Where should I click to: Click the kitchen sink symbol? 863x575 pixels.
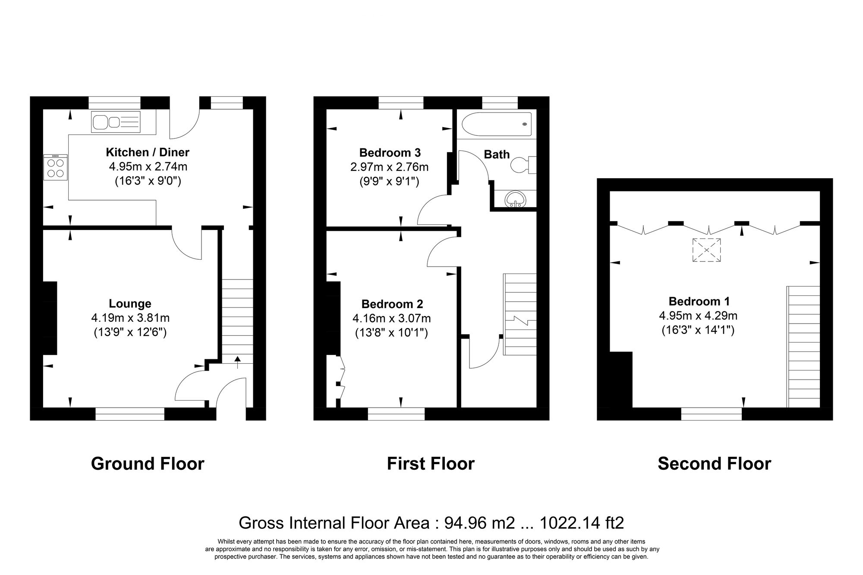tap(116, 122)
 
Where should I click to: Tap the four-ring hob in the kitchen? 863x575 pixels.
tap(56, 168)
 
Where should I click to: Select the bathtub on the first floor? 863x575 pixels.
tap(496, 124)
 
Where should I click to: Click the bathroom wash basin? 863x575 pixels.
tap(516, 200)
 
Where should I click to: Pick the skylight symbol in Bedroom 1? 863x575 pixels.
tap(706, 250)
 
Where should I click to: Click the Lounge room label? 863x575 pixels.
tap(130, 304)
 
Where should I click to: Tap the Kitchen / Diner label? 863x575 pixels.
tap(148, 152)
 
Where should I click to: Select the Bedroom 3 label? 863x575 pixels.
tap(390, 152)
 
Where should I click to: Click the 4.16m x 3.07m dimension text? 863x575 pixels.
tap(391, 319)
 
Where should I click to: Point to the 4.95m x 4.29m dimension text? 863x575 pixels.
tap(698, 316)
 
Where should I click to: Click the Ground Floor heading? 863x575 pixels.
tap(148, 464)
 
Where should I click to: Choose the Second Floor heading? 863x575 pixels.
tap(714, 464)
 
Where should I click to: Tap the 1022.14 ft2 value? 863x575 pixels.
tap(582, 523)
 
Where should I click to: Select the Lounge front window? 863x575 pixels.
tap(130, 414)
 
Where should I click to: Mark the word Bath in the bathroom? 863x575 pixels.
tap(497, 154)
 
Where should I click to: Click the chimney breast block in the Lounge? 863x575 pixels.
tap(50, 318)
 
